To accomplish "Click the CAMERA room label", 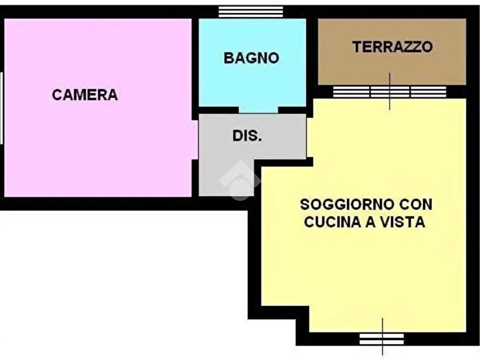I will click(x=84, y=95).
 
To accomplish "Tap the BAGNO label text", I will click(x=251, y=58).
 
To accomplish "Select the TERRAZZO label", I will click(x=392, y=47).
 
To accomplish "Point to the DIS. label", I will click(x=247, y=136).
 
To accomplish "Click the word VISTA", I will click(x=405, y=222).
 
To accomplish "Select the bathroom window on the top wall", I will click(x=251, y=11).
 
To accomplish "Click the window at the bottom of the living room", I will click(x=382, y=338).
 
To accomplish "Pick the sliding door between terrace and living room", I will click(x=389, y=91).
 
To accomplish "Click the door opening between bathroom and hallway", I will click(x=259, y=110).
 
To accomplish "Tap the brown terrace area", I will click(x=391, y=69).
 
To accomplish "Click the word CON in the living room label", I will click(x=417, y=204).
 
